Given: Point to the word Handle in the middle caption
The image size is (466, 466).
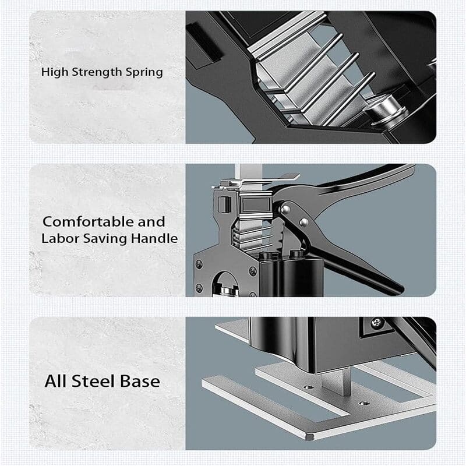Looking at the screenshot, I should click(157, 239).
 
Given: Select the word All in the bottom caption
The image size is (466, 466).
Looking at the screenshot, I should click(56, 382).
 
